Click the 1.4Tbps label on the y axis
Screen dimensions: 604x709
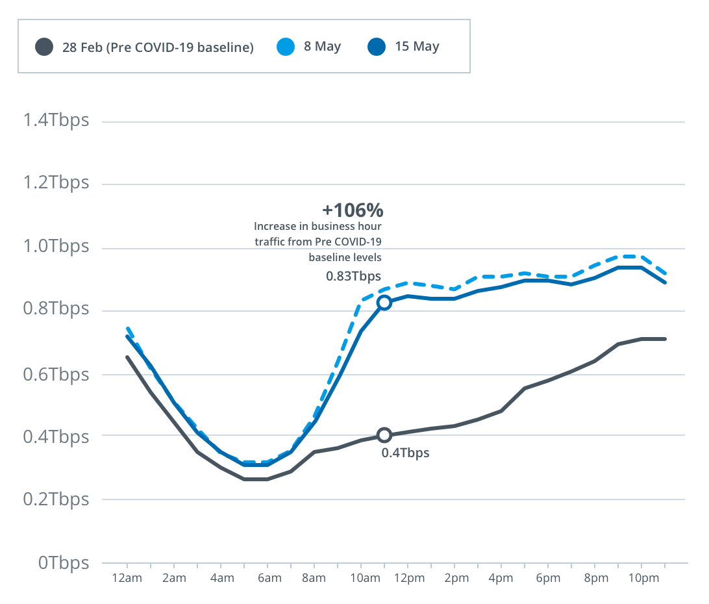(x=56, y=121)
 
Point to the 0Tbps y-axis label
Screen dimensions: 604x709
(x=64, y=562)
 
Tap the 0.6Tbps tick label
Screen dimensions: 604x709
(x=56, y=375)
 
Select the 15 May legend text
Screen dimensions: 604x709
(x=417, y=47)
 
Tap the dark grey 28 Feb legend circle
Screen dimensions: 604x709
(x=44, y=47)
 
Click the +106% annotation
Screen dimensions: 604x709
(x=353, y=210)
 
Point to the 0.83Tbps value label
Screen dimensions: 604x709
(x=353, y=276)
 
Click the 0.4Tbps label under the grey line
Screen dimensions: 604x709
(x=405, y=453)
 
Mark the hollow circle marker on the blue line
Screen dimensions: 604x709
(x=384, y=303)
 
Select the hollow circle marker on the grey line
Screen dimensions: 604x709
(x=384, y=435)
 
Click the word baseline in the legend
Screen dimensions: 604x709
(x=229, y=47)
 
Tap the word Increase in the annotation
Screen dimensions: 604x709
(x=273, y=227)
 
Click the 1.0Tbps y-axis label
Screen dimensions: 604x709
(x=56, y=247)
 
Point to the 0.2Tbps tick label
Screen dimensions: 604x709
(x=56, y=499)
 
